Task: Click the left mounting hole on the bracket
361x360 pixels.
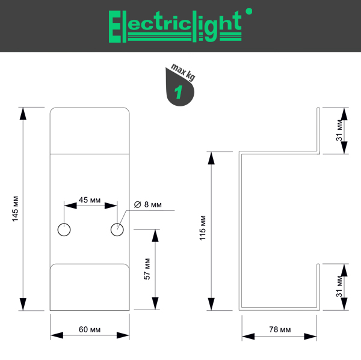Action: pos(64,229)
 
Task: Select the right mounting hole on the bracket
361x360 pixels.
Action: pos(117,229)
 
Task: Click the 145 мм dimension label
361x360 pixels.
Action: pos(16,208)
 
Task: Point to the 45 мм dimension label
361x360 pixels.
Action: pos(90,200)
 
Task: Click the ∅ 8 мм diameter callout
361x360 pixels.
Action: pos(148,204)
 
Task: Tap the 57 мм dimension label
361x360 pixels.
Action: pos(147,269)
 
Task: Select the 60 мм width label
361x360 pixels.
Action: pos(90,329)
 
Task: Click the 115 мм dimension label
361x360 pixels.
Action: pos(202,229)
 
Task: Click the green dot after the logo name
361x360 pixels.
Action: pos(249,10)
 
